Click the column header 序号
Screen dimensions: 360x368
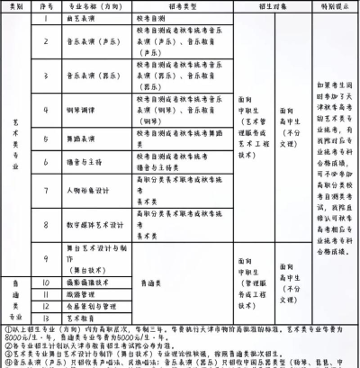pyautogui.click(x=45, y=4)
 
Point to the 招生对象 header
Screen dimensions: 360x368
pyautogui.click(x=261, y=4)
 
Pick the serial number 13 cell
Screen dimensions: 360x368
pyautogui.click(x=45, y=317)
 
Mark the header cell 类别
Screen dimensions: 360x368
pyautogui.click(x=14, y=4)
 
